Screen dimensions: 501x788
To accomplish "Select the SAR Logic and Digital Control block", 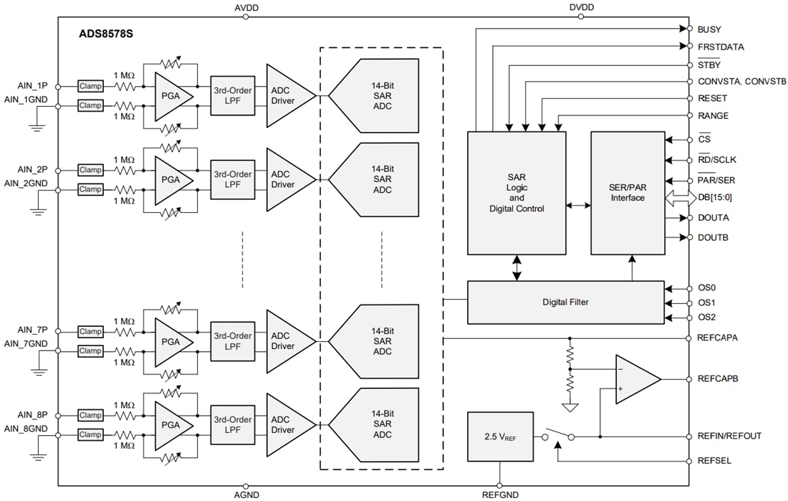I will (516, 193).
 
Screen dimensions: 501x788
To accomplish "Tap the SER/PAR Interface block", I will (628, 193).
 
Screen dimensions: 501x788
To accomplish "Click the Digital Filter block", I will (565, 302).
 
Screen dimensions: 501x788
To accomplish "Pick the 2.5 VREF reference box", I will (499, 436).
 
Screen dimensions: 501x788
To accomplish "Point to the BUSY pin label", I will (708, 29).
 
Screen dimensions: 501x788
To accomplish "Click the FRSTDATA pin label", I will (720, 47).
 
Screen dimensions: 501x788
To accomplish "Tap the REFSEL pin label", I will (714, 461).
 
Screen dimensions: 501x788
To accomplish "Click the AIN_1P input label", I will (33, 86).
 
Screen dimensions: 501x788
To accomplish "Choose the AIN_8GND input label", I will (28, 428).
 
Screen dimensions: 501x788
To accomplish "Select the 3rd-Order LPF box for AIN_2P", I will (232, 179).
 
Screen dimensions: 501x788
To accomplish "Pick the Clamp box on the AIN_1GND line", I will (90, 105).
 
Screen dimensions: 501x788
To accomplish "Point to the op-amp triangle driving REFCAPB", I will (634, 379).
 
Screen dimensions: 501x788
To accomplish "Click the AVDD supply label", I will (246, 7).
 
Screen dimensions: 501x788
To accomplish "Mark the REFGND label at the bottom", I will (499, 495).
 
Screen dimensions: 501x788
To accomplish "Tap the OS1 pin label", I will (706, 302).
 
